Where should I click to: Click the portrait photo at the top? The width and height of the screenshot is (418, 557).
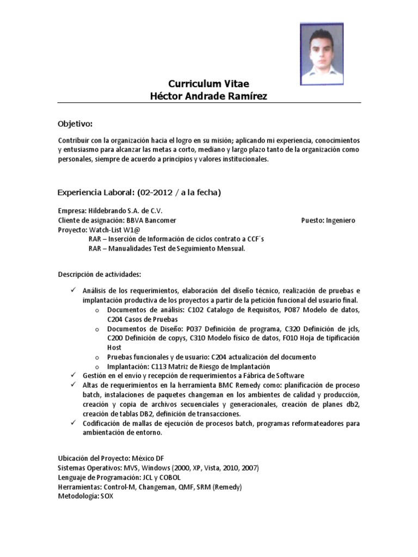coord(322,53)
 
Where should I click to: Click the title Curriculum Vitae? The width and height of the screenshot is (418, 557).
coord(209,84)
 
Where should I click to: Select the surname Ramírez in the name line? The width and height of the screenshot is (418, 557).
coord(248,96)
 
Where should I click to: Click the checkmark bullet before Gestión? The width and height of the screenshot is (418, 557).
coord(74,376)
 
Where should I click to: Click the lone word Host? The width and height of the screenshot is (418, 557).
coord(114,347)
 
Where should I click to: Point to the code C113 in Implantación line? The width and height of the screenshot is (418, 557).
coord(160,367)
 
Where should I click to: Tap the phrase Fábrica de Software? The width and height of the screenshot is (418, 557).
coord(274,376)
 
